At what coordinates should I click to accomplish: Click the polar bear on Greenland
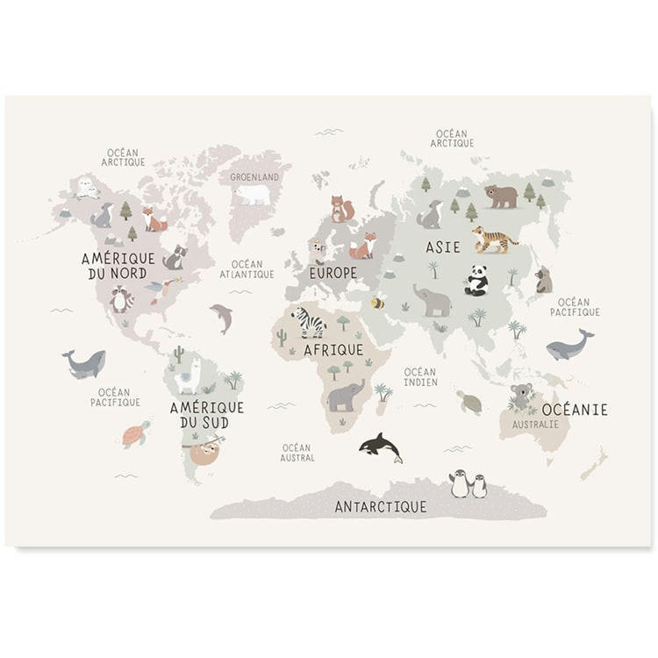tap(252, 194)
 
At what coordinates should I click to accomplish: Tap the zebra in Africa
tap(308, 322)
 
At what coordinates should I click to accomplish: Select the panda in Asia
tap(476, 281)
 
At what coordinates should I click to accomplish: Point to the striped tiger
tap(494, 239)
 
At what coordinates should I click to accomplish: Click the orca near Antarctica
tap(381, 447)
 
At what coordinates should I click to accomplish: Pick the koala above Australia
tap(522, 397)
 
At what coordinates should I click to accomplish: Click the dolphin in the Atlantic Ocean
tap(222, 318)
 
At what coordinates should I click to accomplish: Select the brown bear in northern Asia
tap(501, 196)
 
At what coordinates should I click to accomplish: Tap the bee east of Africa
tap(377, 303)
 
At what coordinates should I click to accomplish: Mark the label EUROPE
tap(333, 273)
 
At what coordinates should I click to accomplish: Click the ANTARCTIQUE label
tap(381, 506)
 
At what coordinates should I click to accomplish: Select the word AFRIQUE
tap(333, 349)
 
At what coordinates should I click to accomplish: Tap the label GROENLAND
tap(254, 176)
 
